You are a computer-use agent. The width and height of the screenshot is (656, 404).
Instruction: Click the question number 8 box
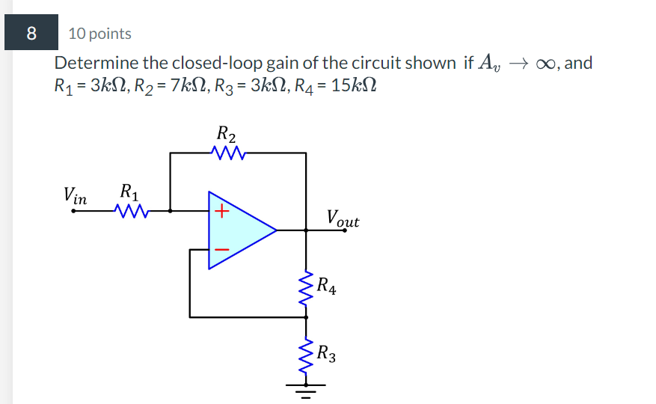coord(31,33)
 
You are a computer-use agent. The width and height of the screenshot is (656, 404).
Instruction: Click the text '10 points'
coord(99,34)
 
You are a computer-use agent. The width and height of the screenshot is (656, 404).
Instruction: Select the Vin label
coord(76,196)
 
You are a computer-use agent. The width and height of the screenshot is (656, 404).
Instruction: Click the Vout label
coord(343,219)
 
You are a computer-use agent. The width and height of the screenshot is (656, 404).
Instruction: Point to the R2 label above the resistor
coord(227,135)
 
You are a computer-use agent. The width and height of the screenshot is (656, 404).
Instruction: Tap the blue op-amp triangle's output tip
coord(276,230)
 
